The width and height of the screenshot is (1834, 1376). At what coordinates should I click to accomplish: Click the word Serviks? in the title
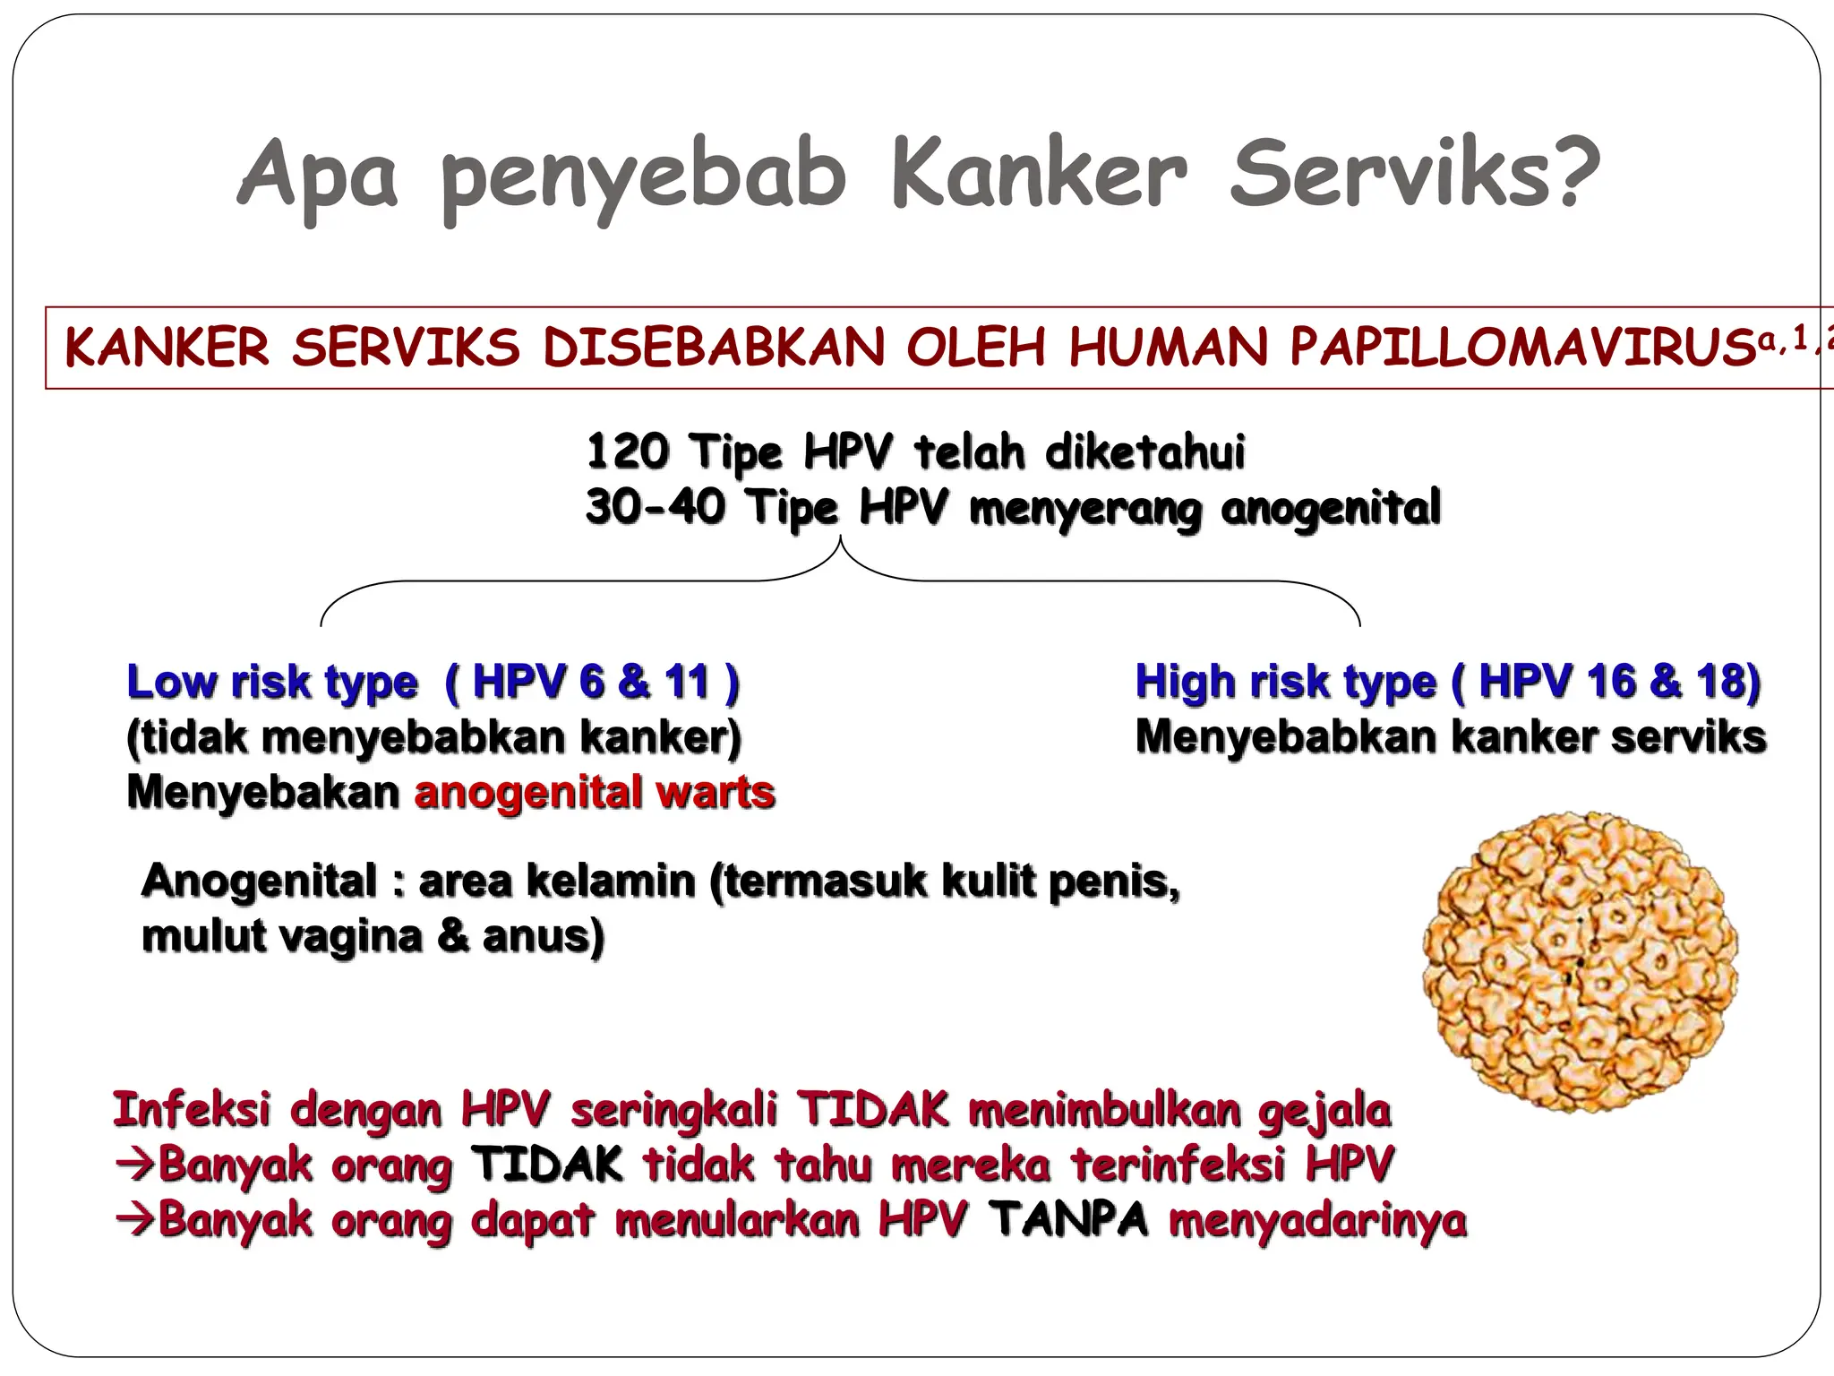[1415, 173]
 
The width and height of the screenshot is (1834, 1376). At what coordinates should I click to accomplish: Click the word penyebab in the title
[643, 176]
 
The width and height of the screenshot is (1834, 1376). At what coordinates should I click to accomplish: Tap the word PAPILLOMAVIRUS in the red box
[1522, 348]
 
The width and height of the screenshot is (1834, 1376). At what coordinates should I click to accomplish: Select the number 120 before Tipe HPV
[627, 451]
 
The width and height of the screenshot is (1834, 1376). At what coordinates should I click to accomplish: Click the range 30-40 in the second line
[655, 506]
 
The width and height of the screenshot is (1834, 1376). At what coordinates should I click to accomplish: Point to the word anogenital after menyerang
[1331, 508]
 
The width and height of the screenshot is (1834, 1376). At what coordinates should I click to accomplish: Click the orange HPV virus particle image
[1580, 962]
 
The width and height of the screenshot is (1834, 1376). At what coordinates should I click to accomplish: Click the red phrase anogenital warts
[595, 793]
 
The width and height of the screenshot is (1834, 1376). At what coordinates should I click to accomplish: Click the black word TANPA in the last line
[1069, 1219]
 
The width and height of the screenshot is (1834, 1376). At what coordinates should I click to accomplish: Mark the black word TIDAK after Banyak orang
[546, 1165]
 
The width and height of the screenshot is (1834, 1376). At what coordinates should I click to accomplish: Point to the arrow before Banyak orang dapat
[134, 1219]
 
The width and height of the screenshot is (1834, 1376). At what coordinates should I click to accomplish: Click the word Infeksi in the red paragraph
[191, 1110]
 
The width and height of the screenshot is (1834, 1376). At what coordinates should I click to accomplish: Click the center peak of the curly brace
[840, 541]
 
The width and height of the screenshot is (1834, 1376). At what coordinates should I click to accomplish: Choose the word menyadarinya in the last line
[1317, 1221]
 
